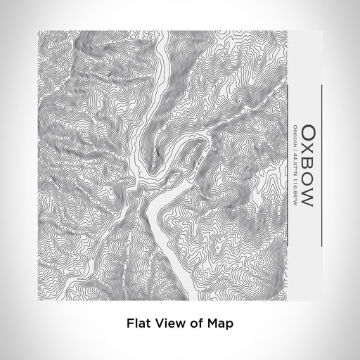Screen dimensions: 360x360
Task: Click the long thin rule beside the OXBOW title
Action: [x=321, y=165]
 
